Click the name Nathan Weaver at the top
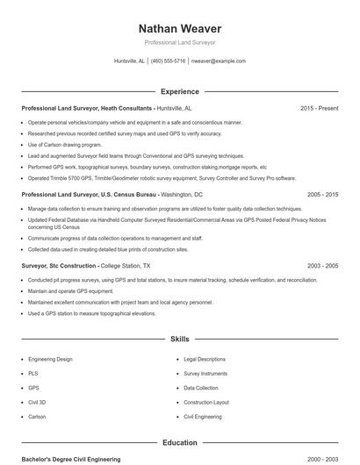coord(179,29)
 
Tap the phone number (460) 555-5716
coord(168,61)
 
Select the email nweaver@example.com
coord(218,61)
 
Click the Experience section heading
coord(179,91)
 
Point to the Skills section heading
coord(179,338)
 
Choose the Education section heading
coord(179,443)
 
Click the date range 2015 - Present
coord(319,108)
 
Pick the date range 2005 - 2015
coord(322,194)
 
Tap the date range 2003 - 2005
coord(322,265)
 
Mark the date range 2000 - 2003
coord(322,459)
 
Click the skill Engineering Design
coord(50,359)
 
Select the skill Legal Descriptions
coord(205,359)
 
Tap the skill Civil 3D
coord(37,402)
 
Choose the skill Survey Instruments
coord(205,373)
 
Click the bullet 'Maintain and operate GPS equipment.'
coord(70,290)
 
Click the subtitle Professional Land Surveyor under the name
coord(179,42)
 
